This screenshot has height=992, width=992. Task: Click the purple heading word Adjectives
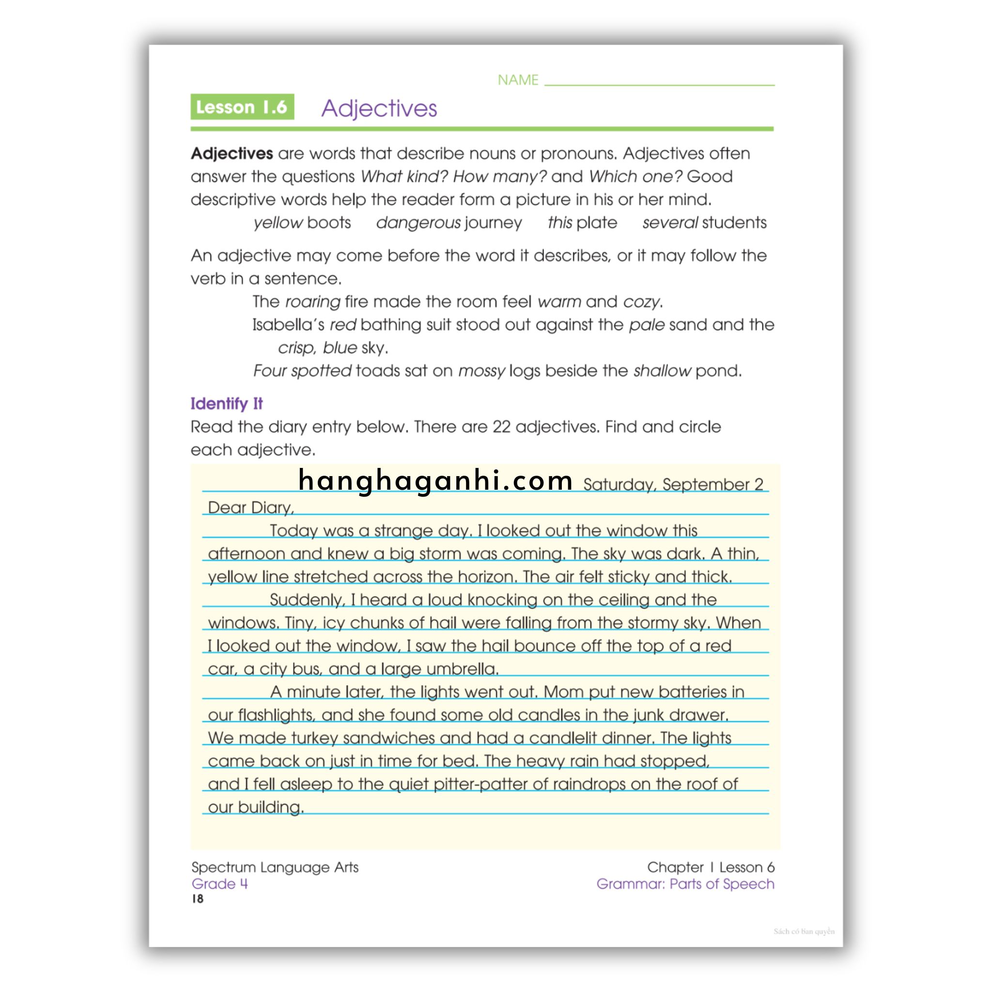click(379, 108)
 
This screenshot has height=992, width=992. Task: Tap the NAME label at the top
click(518, 80)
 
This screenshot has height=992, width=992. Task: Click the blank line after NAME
click(659, 82)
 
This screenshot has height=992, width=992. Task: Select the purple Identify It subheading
click(226, 403)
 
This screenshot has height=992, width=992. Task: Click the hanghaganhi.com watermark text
click(435, 480)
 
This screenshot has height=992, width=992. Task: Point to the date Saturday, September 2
click(673, 484)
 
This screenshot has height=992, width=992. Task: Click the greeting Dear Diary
click(250, 507)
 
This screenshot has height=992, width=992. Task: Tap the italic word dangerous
click(418, 223)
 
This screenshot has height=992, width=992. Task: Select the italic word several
click(669, 223)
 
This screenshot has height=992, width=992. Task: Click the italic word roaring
click(312, 302)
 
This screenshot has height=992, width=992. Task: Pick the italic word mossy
click(481, 371)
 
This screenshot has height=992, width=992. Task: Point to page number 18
click(198, 899)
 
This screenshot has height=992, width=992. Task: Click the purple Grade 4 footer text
click(219, 883)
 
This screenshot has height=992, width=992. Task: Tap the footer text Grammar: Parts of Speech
click(685, 883)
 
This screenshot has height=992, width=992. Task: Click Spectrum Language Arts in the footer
click(275, 867)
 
